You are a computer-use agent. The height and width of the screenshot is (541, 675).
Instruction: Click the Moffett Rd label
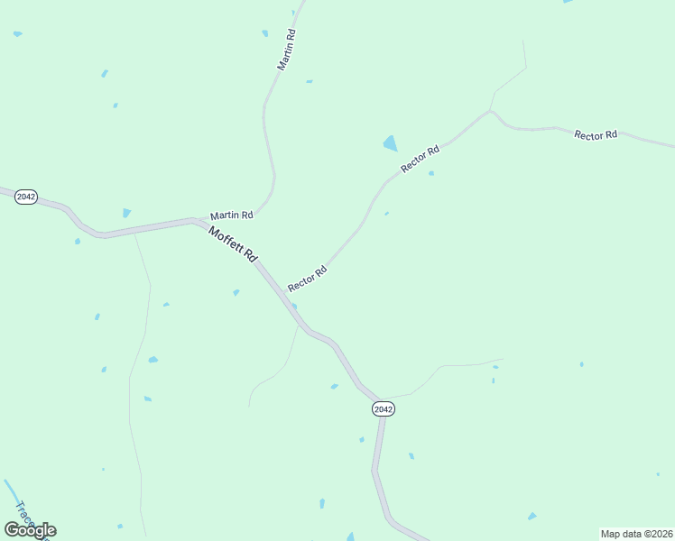click(233, 244)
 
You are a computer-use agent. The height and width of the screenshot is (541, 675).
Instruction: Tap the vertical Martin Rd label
click(287, 50)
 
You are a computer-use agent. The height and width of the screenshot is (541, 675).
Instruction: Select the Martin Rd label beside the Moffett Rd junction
click(232, 215)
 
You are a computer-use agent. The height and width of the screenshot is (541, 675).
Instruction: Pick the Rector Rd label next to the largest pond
click(421, 160)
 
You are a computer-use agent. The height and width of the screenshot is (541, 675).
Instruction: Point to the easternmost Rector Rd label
click(596, 134)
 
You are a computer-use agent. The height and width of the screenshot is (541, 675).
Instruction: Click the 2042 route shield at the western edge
click(26, 197)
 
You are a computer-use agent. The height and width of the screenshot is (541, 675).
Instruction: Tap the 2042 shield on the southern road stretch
click(383, 408)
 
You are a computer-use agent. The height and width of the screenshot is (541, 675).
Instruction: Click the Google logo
click(30, 529)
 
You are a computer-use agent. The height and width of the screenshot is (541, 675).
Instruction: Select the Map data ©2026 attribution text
click(635, 534)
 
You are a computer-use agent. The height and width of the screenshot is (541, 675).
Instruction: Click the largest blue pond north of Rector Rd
click(391, 142)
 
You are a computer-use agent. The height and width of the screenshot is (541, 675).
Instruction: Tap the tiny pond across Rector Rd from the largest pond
click(431, 173)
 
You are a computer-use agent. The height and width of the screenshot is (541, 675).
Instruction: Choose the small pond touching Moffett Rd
click(294, 306)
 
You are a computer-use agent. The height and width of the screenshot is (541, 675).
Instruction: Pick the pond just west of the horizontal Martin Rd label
click(126, 213)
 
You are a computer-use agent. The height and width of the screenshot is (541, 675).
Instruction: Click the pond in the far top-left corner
click(17, 34)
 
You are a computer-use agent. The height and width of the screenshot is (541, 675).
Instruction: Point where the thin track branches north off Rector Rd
click(490, 111)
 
